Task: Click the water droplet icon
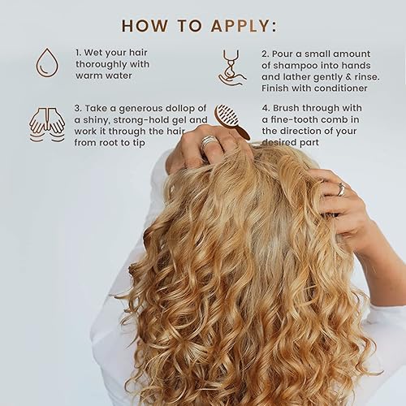point(47,63)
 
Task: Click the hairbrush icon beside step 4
point(231,121)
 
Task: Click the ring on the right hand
point(342,189)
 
